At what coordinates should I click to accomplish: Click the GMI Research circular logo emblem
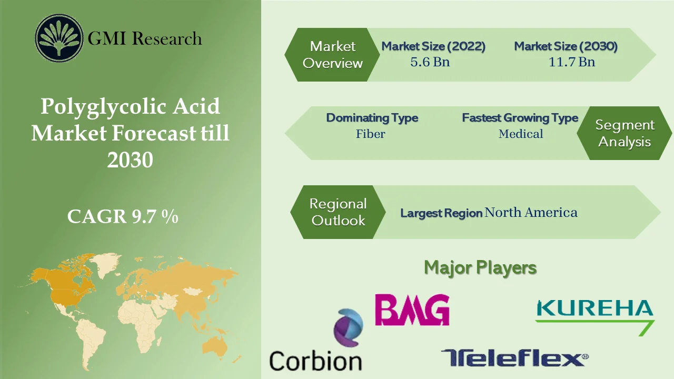coord(60,38)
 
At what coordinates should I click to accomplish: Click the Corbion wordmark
coord(315,361)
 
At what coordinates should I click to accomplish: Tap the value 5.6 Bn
coord(430,62)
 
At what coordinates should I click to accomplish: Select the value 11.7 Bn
coord(571,62)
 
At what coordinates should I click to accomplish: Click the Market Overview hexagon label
coord(333,55)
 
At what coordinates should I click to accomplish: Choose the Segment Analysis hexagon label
coord(625,133)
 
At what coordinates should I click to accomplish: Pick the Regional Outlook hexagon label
coord(338,212)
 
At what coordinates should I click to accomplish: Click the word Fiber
coord(370,134)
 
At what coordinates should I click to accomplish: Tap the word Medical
coord(521,134)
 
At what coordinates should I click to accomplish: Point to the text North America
coord(531,212)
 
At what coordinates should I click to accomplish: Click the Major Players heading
coord(480,267)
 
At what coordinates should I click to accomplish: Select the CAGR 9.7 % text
coord(123,216)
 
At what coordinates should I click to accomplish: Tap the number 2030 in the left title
coord(130,160)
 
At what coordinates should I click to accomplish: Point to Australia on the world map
coord(216,345)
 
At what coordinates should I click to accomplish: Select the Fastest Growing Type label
coord(520,118)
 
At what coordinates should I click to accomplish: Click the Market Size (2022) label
coord(433,46)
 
